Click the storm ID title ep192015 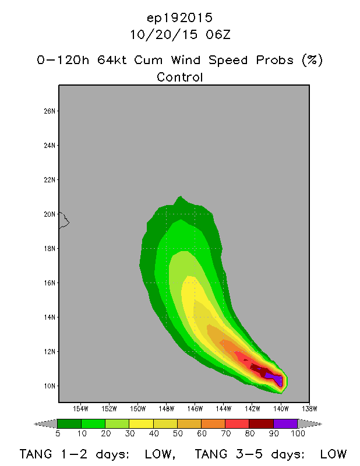[180, 19]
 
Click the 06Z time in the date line [218, 35]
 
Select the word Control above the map [180, 77]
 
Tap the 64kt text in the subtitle [112, 60]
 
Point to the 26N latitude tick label [50, 111]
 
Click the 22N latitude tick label [50, 180]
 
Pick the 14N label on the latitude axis [50, 317]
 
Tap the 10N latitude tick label [50, 386]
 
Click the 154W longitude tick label [80, 409]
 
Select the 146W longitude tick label [195, 409]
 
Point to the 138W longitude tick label [309, 409]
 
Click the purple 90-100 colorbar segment [285, 423]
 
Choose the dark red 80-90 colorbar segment [262, 423]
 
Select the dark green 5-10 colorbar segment [69, 423]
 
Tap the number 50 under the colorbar [178, 433]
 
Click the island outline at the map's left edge [64, 221]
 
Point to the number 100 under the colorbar [298, 433]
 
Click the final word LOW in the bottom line [333, 454]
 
